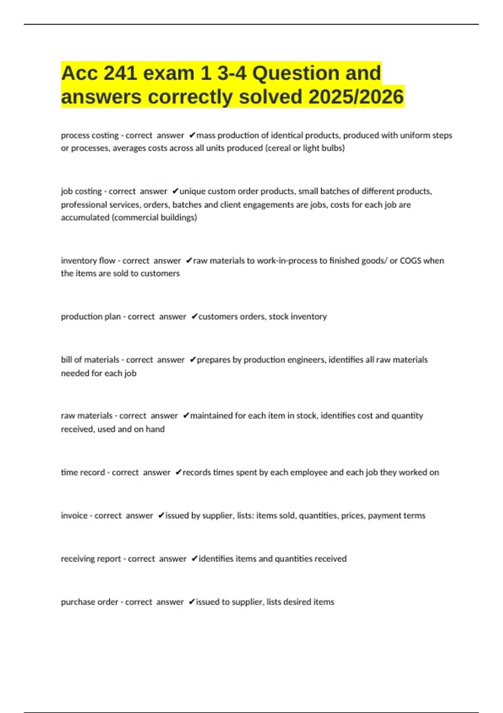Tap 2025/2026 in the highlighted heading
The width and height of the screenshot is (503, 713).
tap(356, 97)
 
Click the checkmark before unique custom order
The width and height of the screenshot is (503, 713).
tap(175, 191)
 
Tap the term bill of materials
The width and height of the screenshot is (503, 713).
tap(90, 359)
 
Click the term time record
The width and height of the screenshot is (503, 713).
tap(83, 472)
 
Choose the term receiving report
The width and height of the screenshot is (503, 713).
tap(91, 558)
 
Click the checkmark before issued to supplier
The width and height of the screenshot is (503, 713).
tap(192, 601)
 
